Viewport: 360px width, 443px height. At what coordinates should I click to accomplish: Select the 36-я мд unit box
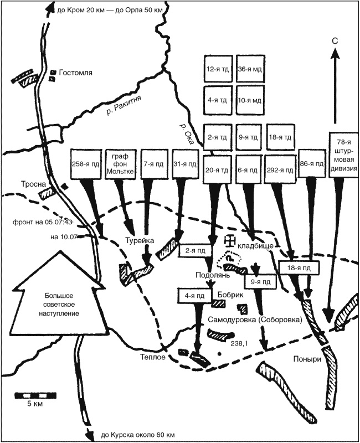(x=249, y=69)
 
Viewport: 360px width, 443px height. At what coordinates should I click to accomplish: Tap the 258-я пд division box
(x=85, y=163)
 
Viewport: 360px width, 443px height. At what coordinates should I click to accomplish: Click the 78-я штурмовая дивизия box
(x=341, y=156)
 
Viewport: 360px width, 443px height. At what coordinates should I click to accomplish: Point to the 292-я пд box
(x=280, y=163)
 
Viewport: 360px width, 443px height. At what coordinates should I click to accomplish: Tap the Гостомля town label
(x=76, y=73)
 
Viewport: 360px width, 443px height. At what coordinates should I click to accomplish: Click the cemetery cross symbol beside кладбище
(x=228, y=242)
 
